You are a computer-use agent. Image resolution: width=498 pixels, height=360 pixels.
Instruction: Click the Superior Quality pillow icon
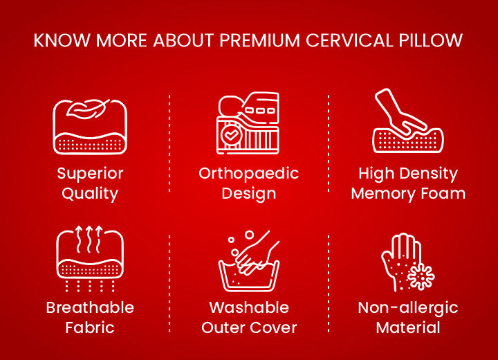tap(90, 127)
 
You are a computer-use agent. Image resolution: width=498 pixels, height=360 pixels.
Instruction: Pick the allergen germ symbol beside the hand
tap(420, 276)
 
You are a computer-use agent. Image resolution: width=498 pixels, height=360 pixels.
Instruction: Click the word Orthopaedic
tap(248, 173)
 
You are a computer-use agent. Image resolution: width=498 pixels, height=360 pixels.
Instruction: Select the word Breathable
tap(90, 307)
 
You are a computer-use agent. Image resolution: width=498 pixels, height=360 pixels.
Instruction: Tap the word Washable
tap(249, 307)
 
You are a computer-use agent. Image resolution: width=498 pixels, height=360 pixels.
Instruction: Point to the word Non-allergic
tap(408, 307)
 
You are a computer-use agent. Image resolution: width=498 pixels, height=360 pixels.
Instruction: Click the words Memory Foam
tap(408, 193)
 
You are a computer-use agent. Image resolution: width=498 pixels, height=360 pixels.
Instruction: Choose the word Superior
tap(90, 173)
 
